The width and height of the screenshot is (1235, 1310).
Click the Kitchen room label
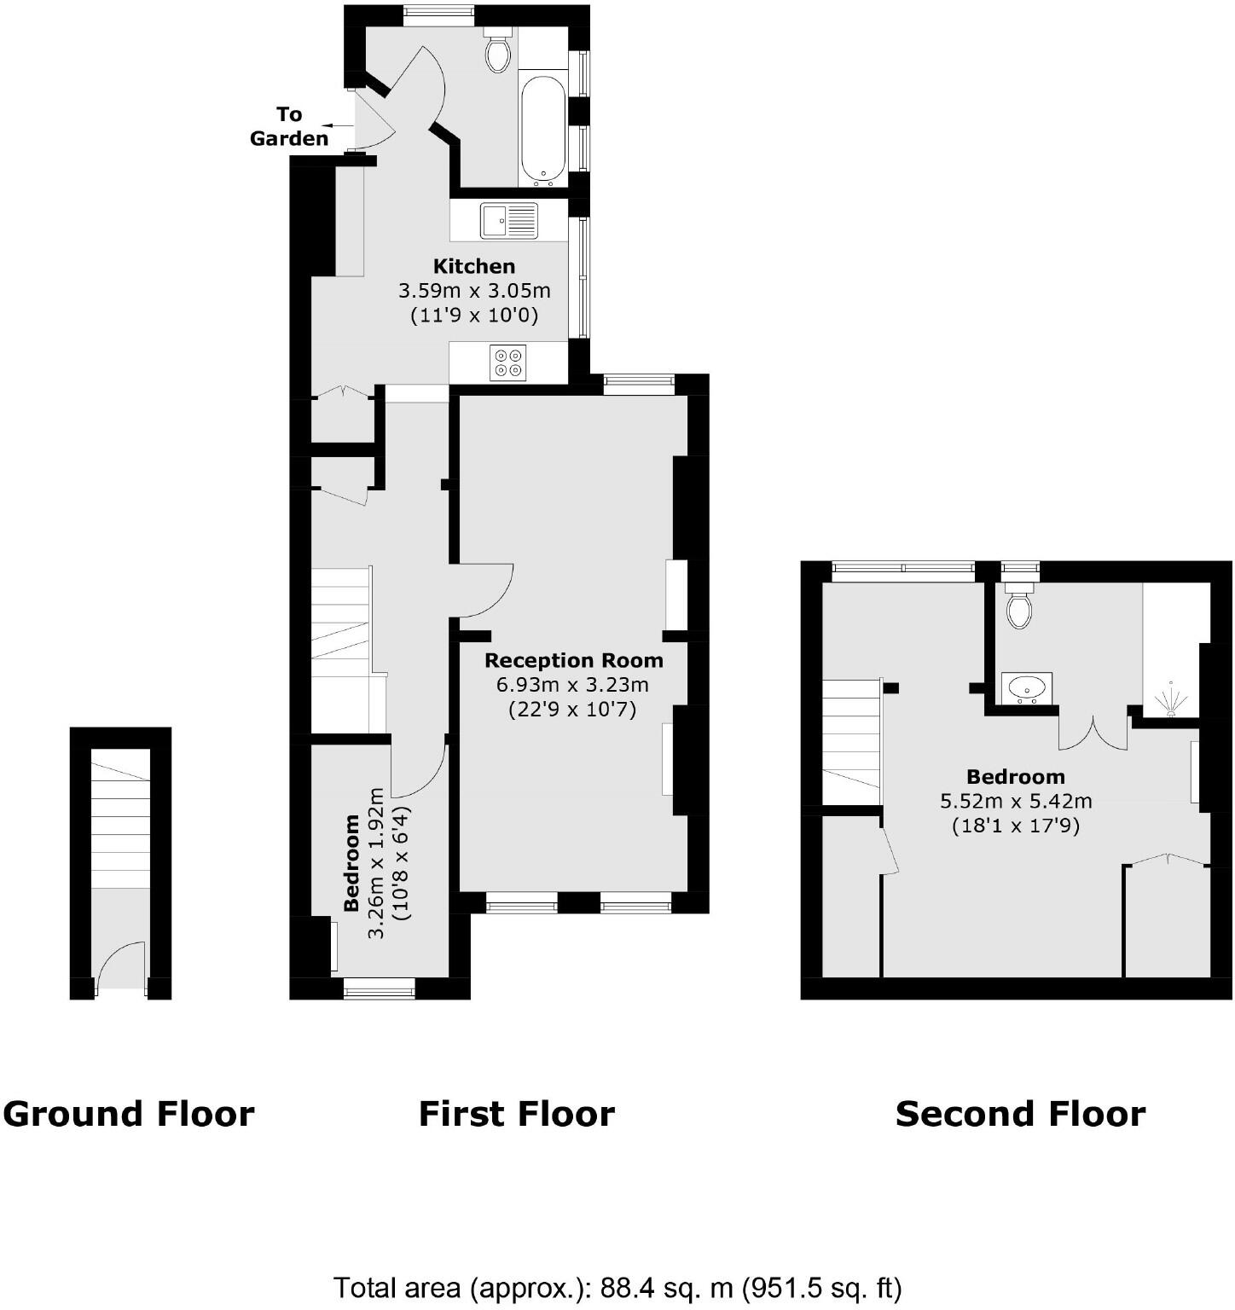[x=473, y=266]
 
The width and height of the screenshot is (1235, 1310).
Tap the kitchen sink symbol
[x=508, y=220]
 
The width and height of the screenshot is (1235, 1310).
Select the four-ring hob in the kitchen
[x=508, y=362]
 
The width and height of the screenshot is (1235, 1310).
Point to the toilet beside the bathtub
[x=497, y=50]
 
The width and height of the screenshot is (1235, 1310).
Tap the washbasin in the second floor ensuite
[x=1026, y=687]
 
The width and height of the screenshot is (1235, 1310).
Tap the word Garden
[x=289, y=138]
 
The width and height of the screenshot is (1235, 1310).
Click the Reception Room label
[x=573, y=660]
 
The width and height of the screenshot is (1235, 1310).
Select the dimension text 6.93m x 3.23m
[x=572, y=684]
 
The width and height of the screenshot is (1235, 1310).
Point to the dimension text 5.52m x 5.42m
[x=1016, y=801]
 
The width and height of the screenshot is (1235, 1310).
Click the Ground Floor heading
[x=129, y=1114]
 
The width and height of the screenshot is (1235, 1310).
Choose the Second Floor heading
[x=1020, y=1114]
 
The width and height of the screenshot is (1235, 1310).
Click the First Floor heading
[x=516, y=1114]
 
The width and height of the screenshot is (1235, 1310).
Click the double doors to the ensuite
[x=1093, y=735]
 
